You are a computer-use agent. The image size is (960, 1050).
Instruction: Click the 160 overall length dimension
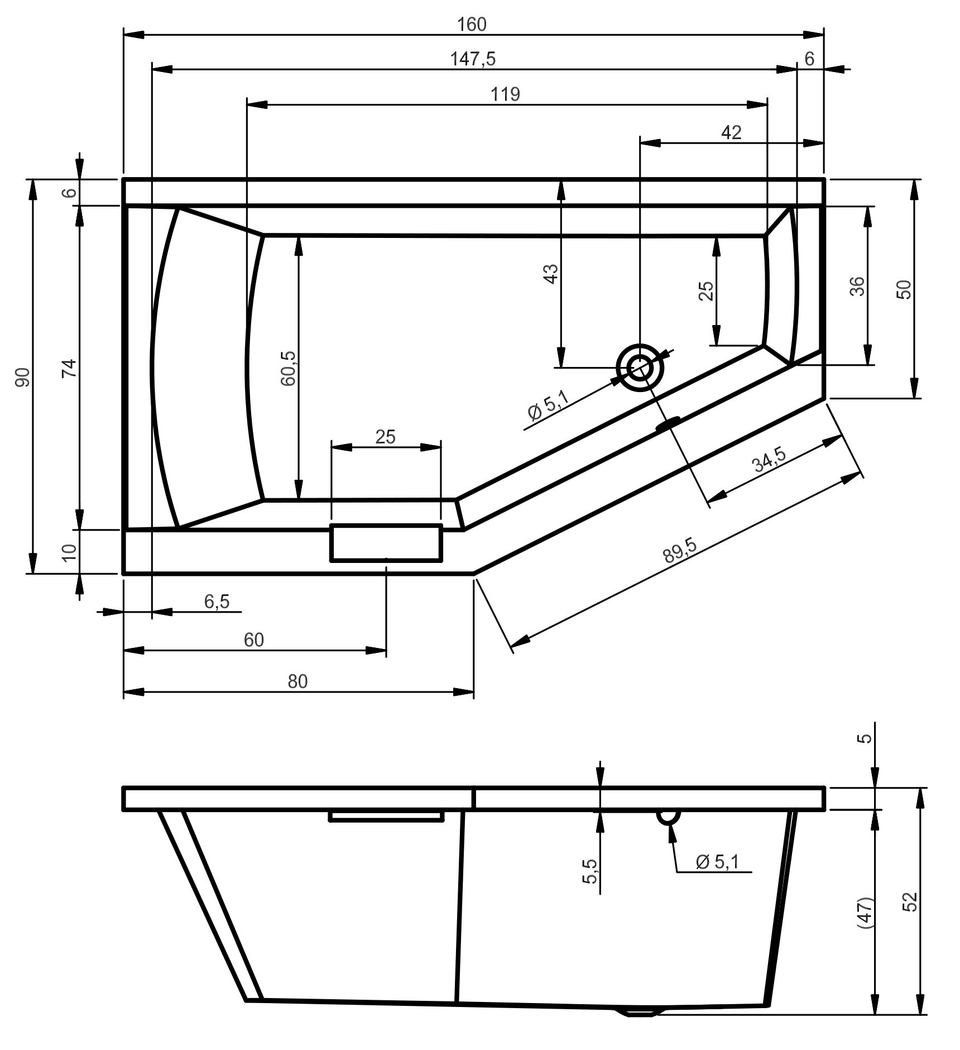point(472,24)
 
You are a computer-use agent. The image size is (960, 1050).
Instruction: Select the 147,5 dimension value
point(473,59)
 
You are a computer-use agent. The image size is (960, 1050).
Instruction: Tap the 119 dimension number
point(505,94)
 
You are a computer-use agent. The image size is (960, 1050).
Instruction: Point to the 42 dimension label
point(731,132)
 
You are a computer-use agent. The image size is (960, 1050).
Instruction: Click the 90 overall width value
point(23,378)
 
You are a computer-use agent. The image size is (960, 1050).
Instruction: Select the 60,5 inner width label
point(289,368)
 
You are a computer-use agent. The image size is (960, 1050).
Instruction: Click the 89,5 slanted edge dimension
point(680,552)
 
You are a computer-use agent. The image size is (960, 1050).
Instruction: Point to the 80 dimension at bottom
point(297,681)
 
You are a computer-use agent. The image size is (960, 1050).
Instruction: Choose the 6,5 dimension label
point(217,602)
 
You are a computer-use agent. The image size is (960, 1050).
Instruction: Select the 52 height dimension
point(910,903)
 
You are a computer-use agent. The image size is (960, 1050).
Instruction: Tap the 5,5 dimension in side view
point(590,872)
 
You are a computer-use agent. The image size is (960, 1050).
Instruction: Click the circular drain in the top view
point(640,368)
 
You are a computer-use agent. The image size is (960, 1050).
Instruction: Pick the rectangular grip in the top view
point(386,542)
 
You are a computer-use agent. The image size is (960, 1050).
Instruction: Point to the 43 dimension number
point(550,274)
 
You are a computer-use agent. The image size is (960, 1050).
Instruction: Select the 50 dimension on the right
point(904,289)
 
